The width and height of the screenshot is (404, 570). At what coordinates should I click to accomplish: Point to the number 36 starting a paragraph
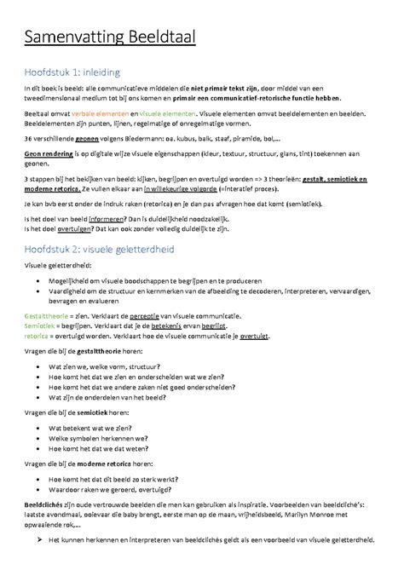click(28, 137)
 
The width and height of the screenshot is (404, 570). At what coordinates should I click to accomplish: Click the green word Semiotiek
click(41, 325)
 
